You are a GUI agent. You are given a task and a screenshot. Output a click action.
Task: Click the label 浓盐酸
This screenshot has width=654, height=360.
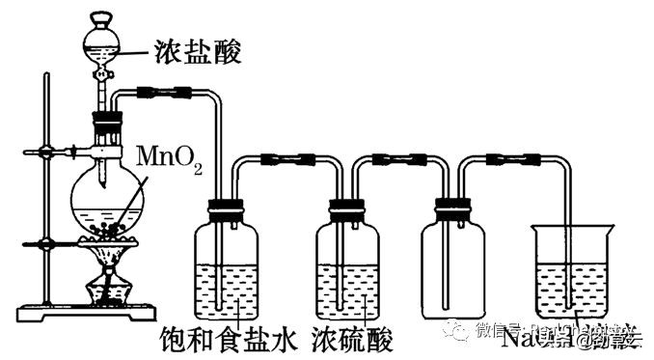point(197,52)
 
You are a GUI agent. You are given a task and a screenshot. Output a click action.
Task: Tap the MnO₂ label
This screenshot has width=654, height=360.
point(170,157)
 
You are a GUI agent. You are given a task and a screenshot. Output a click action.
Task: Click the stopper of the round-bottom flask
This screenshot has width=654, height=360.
point(107,125)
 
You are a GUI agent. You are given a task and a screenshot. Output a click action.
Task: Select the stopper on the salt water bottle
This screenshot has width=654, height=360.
point(228,205)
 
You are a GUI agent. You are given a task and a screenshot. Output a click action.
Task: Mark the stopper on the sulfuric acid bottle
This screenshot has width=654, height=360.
point(346,205)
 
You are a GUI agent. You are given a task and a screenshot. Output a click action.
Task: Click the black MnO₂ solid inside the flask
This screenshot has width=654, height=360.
point(113,230)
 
